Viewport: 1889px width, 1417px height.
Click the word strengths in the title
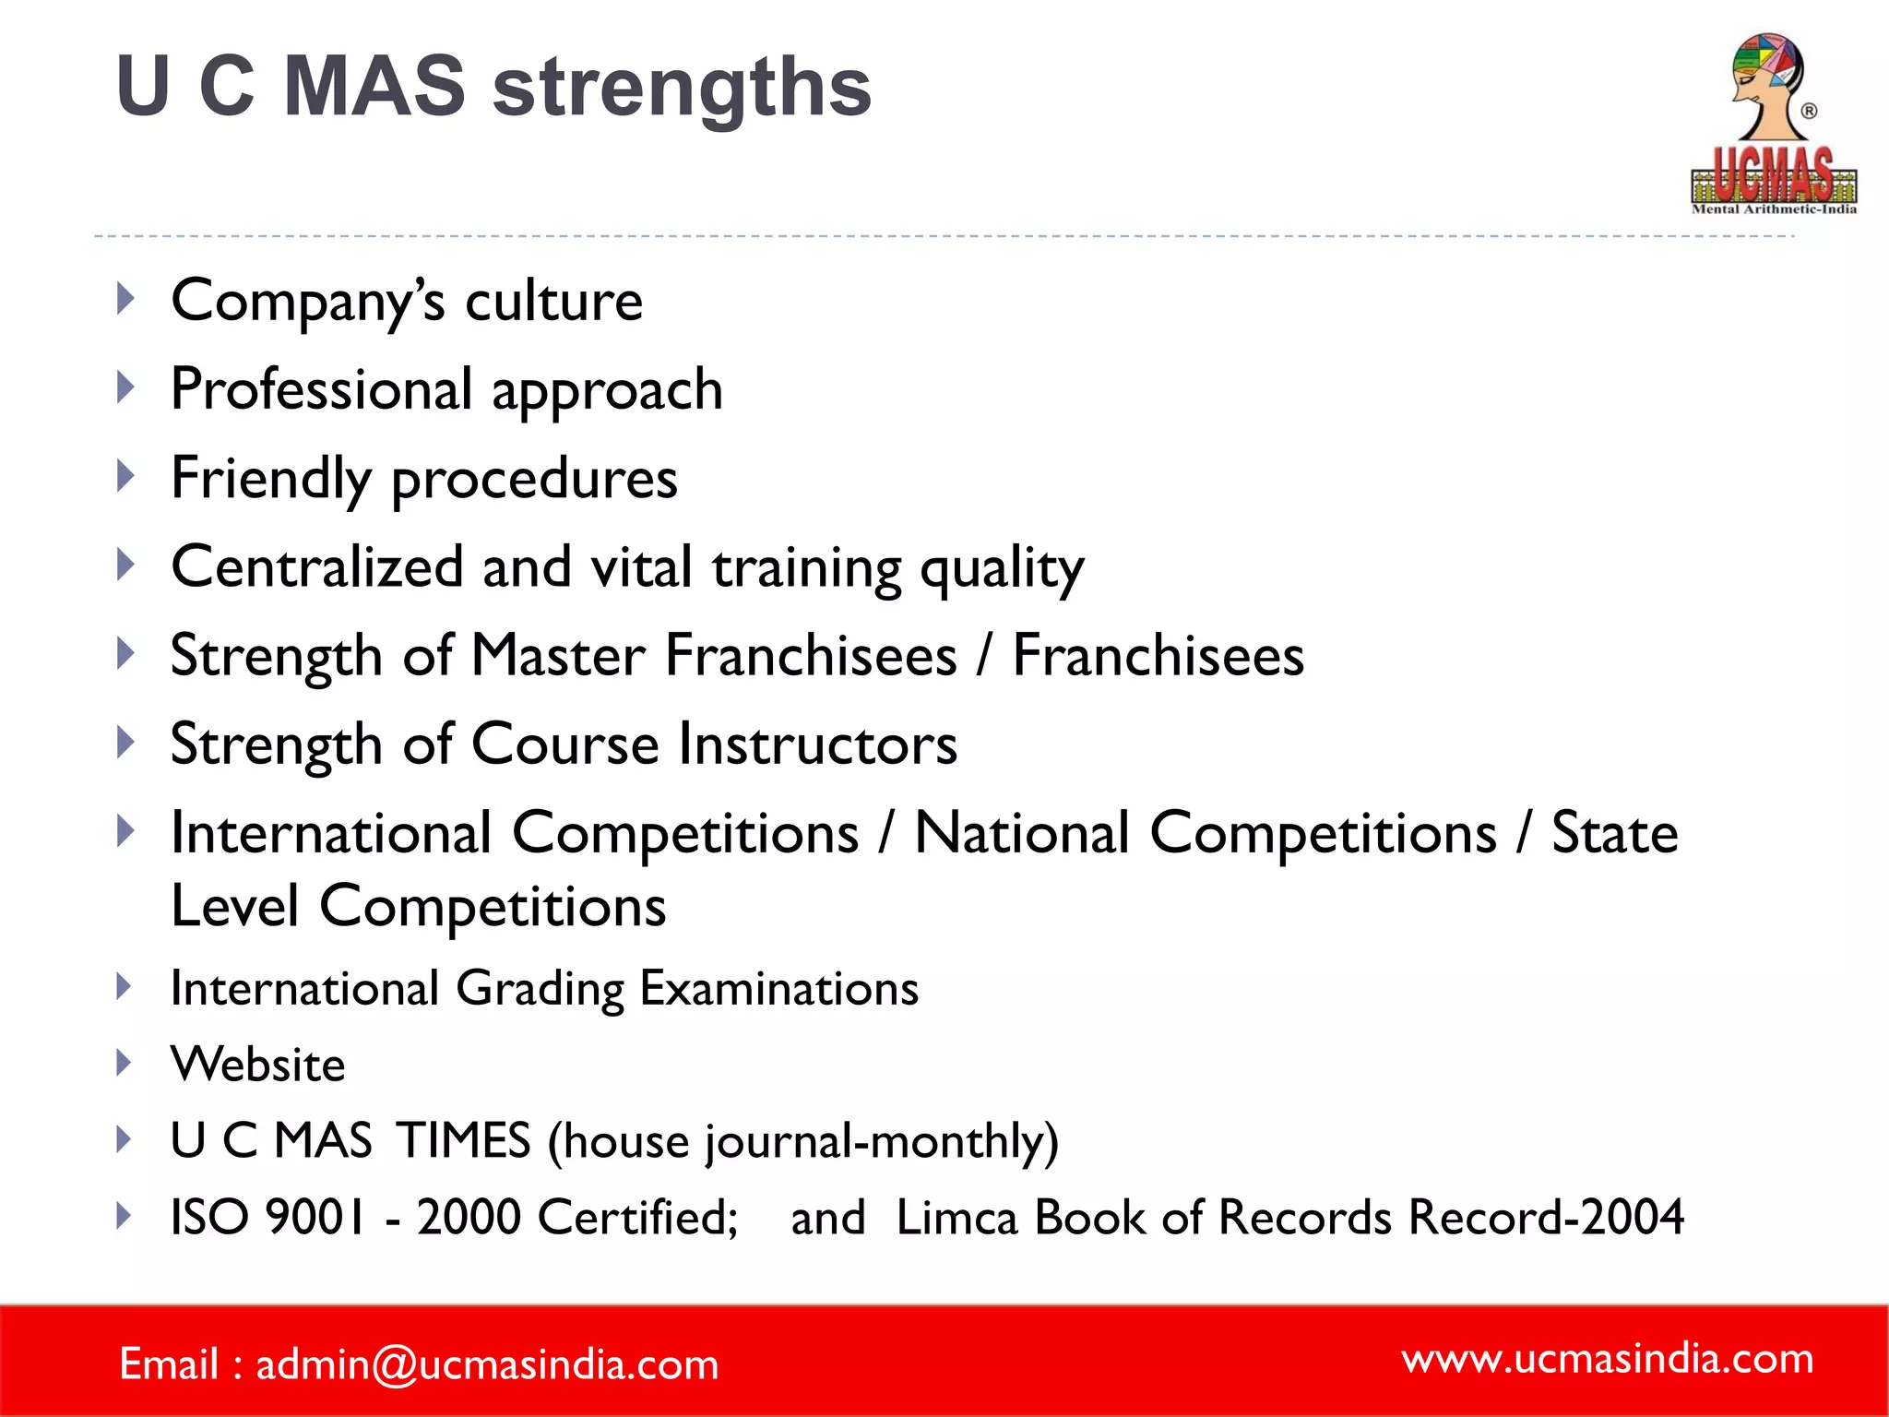point(682,88)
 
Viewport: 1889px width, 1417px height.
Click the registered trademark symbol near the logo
point(1810,111)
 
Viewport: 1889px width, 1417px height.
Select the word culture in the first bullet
point(553,301)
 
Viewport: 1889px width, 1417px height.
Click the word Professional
point(322,389)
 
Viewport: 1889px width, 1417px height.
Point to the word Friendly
point(271,479)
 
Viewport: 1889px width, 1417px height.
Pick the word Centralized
point(317,566)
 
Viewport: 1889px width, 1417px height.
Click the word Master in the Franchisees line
point(558,656)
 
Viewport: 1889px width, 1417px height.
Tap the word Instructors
point(818,744)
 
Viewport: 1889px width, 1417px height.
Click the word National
point(1021,833)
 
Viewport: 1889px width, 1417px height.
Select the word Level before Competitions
point(235,906)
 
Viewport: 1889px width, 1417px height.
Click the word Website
point(258,1065)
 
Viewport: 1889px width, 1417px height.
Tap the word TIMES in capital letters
point(464,1140)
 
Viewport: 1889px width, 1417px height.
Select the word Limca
point(956,1217)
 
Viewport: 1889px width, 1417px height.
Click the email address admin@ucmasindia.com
point(487,1364)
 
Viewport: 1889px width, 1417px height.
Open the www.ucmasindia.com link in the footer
point(1607,1359)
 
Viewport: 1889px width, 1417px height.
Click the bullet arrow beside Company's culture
point(126,299)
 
